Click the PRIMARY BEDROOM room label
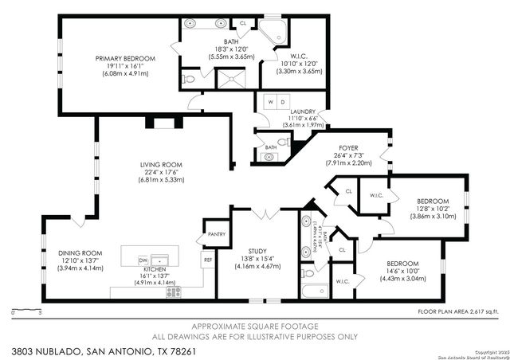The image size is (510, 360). coord(125,58)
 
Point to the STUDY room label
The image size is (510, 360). coord(256,251)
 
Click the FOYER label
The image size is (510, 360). coord(348,147)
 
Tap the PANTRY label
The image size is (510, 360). coord(215,235)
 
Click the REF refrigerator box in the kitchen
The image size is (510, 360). coord(208,260)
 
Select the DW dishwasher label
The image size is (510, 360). coord(143,260)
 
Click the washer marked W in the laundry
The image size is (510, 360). coord(270,102)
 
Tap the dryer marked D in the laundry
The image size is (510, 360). coord(282,102)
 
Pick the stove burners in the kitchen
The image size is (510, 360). coord(174,292)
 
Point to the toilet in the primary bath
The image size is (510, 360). coord(187,80)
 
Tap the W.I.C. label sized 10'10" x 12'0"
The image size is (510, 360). coord(300,61)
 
